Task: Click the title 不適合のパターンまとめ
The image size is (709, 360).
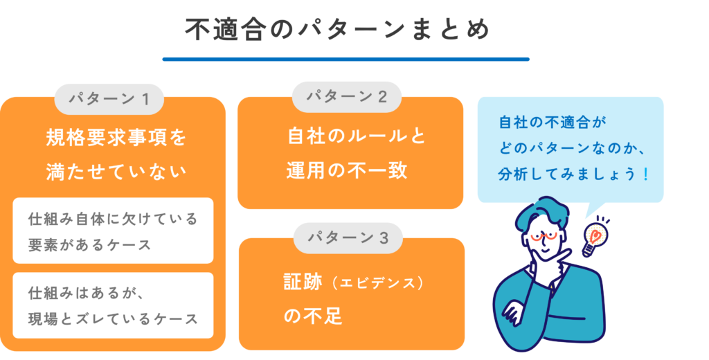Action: tap(337, 29)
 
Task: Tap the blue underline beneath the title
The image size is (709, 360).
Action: tap(345, 60)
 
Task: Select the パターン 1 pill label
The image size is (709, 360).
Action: tap(109, 99)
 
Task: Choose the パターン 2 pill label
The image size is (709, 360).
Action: tap(346, 97)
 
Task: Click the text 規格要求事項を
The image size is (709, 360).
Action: tap(116, 137)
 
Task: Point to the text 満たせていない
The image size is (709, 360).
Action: tap(116, 170)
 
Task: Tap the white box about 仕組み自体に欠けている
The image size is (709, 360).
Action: tap(113, 231)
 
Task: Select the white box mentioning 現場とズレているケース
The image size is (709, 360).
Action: tap(113, 305)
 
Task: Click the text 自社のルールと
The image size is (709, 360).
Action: tap(357, 136)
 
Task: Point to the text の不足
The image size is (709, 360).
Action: tap(313, 316)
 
